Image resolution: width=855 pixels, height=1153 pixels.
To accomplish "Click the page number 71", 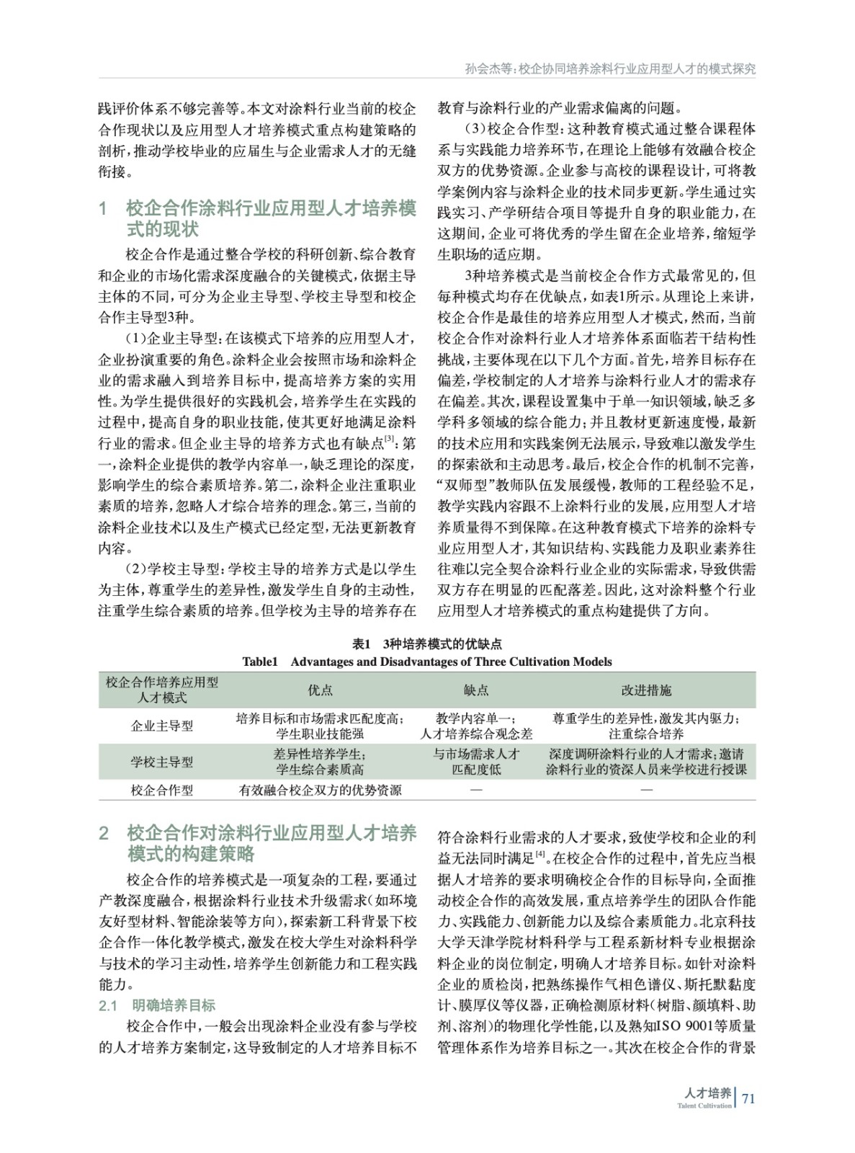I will pyautogui.click(x=748, y=1099).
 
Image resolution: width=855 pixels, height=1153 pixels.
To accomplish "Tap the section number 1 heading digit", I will pyautogui.click(x=103, y=210).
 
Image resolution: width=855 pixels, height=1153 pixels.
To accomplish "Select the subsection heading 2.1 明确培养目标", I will pyautogui.click(x=157, y=1005).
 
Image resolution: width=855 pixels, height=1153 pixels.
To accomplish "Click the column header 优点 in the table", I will pyautogui.click(x=321, y=690).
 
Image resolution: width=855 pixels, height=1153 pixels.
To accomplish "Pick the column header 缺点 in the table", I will pyautogui.click(x=476, y=690).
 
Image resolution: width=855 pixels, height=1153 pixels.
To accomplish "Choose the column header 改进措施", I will pyautogui.click(x=646, y=690).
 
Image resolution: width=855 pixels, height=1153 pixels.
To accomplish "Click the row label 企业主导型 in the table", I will pyautogui.click(x=162, y=726).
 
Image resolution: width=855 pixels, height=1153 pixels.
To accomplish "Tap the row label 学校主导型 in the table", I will pyautogui.click(x=162, y=762).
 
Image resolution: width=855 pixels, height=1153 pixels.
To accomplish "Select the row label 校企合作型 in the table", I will pyautogui.click(x=162, y=791).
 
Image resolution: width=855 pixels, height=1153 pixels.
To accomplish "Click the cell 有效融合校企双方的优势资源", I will pyautogui.click(x=321, y=791).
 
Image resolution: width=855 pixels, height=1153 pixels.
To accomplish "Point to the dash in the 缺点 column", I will pyautogui.click(x=476, y=791).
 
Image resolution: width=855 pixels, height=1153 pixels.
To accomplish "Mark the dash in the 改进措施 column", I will pyautogui.click(x=646, y=791).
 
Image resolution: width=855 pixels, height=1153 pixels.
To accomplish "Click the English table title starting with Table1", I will pyautogui.click(x=427, y=662).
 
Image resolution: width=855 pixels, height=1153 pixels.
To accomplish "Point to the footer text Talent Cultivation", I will pyautogui.click(x=704, y=1105).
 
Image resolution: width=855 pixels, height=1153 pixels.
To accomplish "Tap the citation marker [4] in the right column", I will pyautogui.click(x=538, y=855).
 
